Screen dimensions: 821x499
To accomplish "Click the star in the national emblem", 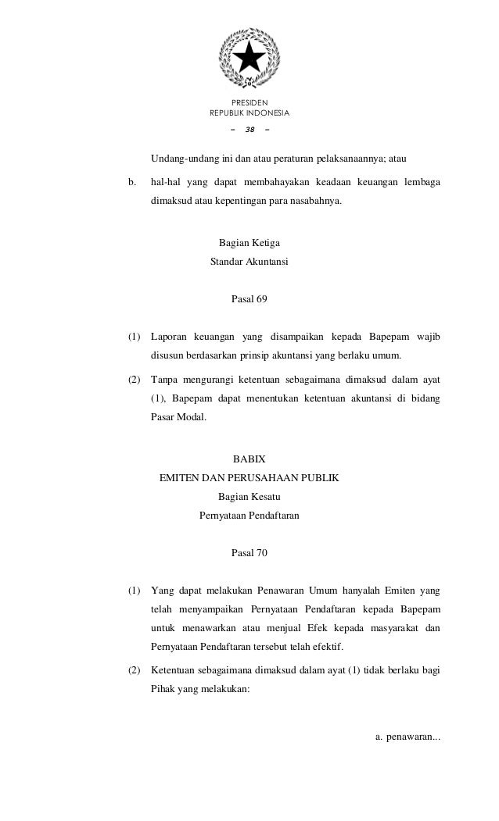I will [249, 55].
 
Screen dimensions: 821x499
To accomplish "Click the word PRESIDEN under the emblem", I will [249, 102].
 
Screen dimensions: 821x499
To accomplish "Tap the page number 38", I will [249, 130].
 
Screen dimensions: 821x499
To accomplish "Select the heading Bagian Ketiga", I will [249, 244].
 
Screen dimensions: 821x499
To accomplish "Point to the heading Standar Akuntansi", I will [249, 262].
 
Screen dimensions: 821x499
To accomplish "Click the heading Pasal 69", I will [249, 299].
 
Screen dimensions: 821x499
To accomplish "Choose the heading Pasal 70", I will [249, 553].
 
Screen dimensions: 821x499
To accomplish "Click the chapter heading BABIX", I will [249, 459].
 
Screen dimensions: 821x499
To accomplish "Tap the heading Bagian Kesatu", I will [249, 496].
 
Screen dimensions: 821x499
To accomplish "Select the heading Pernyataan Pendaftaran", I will [249, 516].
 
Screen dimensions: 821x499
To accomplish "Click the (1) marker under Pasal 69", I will [135, 337].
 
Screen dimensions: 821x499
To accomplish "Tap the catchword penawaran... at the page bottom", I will [407, 736].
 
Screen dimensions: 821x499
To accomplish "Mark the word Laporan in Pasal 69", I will [169, 337].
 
